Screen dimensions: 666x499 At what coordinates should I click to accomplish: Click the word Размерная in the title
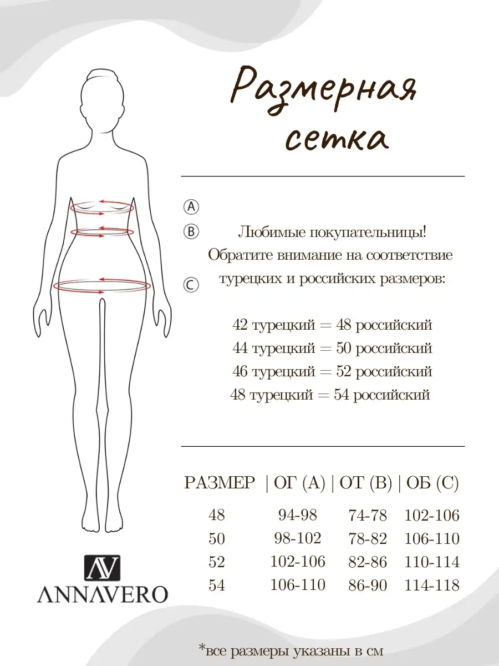[x=324, y=89]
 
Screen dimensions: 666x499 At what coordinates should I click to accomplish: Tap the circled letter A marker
[x=191, y=206]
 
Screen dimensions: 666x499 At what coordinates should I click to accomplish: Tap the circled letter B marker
[x=191, y=231]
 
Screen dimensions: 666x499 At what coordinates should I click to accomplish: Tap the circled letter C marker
[x=191, y=285]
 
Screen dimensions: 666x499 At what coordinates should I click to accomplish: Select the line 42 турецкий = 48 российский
[x=332, y=325]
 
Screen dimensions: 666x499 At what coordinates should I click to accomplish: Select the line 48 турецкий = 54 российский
[x=331, y=395]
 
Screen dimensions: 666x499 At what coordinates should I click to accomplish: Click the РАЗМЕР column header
[x=220, y=483]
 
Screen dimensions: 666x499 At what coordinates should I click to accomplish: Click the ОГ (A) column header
[x=297, y=483]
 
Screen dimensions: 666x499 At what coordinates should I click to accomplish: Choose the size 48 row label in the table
[x=217, y=515]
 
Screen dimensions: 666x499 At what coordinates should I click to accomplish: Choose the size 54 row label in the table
[x=217, y=585]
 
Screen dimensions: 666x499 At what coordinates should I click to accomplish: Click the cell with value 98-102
[x=298, y=538]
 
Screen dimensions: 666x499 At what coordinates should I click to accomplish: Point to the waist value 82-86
[x=368, y=562]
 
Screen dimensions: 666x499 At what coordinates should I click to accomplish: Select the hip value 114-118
[x=432, y=585]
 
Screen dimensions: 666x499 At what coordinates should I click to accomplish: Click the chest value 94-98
[x=297, y=515]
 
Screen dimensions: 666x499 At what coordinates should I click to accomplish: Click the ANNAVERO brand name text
[x=102, y=594]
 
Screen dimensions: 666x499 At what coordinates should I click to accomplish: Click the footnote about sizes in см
[x=291, y=650]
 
